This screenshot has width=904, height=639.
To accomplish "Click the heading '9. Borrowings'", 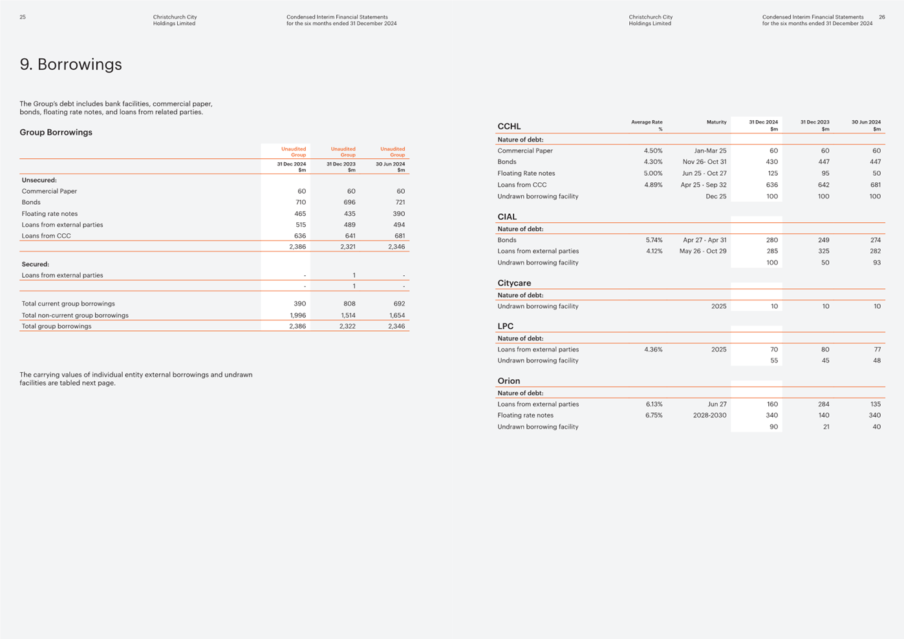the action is coord(70,65).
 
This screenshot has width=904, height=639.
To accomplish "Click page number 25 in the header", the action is coord(23,17).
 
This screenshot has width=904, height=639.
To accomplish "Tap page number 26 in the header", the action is coord(882,17).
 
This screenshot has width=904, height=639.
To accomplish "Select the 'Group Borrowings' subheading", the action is coord(56,132).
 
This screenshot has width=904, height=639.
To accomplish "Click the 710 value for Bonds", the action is coord(301,202).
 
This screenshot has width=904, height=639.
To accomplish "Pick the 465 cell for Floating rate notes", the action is coord(300,214).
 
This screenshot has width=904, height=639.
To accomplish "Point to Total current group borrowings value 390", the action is coord(300,304).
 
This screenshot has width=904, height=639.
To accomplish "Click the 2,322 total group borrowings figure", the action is coord(347,326).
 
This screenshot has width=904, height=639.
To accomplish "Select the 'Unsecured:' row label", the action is coord(39,180).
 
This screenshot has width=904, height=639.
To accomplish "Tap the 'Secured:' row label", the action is coord(36,264).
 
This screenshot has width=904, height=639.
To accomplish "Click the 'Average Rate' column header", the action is coord(647,122).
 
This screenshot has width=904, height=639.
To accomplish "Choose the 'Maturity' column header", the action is coord(716,122).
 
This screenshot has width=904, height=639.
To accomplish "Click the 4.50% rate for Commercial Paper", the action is coord(653,151).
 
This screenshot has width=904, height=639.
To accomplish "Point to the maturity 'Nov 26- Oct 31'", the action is coord(705,162).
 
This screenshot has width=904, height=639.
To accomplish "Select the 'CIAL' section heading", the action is coord(507,217).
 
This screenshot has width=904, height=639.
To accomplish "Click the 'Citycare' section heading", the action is coord(514,283).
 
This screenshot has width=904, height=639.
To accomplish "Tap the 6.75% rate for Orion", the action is coord(654,415).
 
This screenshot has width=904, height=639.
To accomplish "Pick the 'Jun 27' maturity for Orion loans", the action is coord(717,404).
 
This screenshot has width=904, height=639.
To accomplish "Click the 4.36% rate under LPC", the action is coord(653,350).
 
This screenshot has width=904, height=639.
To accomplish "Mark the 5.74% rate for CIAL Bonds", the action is coord(654,240).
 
